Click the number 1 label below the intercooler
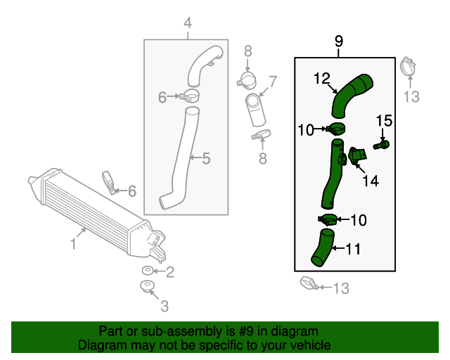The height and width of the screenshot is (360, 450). point(73,244)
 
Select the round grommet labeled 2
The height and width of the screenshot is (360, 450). point(148,271)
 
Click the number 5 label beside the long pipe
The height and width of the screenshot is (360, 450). point(206,159)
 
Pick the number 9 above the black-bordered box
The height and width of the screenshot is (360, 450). point(338,41)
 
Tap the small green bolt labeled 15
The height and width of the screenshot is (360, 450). point(383,144)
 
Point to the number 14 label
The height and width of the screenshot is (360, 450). point(371,181)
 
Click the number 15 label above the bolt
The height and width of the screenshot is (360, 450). point(383,121)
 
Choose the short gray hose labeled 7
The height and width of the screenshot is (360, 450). point(255,110)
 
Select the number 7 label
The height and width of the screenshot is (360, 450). point(273,82)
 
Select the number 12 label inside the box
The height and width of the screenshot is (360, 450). point(321,79)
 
